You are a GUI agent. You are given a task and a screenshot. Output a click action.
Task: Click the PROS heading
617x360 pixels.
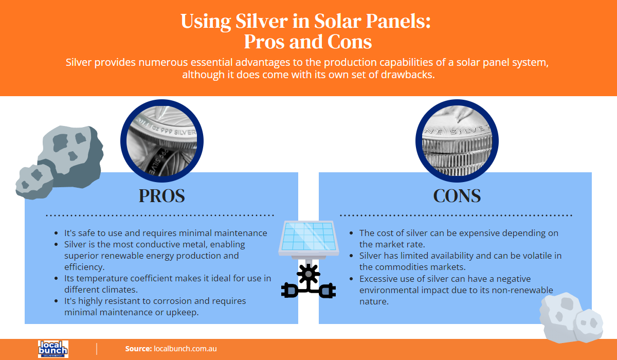point(161,196)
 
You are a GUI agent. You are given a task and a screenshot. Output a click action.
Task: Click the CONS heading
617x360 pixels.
point(457,196)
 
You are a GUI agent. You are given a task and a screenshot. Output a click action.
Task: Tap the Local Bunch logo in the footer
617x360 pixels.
point(53,349)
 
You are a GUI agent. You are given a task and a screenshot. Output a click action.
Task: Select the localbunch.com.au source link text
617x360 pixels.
point(185,349)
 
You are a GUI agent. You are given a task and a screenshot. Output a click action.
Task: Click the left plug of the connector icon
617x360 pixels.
point(289,291)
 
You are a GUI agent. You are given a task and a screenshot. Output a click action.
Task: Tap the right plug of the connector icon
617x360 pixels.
point(327,291)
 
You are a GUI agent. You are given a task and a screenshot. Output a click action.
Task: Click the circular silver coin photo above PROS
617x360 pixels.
point(159,142)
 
